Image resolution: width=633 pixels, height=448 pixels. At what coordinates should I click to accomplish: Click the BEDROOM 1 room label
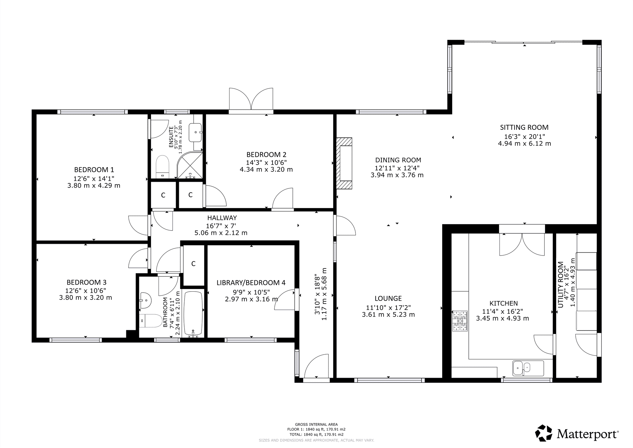(94, 170)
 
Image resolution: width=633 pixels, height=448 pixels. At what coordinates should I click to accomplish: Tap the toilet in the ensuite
(163, 167)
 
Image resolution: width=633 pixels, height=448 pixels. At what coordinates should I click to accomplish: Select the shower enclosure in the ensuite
(189, 165)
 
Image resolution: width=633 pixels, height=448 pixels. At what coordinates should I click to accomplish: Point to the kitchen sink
(528, 368)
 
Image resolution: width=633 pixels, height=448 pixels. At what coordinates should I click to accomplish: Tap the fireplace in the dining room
(344, 163)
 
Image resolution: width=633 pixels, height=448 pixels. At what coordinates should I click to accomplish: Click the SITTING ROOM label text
(524, 127)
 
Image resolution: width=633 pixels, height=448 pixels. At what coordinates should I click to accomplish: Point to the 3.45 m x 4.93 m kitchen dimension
(503, 319)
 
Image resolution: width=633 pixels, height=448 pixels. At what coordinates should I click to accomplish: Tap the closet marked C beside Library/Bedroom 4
(193, 263)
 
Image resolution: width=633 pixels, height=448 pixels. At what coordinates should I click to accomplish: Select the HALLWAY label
(222, 218)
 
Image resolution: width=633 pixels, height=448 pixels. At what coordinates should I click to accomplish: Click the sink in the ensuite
(195, 132)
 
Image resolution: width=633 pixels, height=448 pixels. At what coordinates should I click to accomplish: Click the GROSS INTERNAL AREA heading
(316, 424)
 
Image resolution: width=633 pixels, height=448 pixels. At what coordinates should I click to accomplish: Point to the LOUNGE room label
(388, 298)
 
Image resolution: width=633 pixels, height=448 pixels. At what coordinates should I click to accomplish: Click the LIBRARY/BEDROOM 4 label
(251, 283)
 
